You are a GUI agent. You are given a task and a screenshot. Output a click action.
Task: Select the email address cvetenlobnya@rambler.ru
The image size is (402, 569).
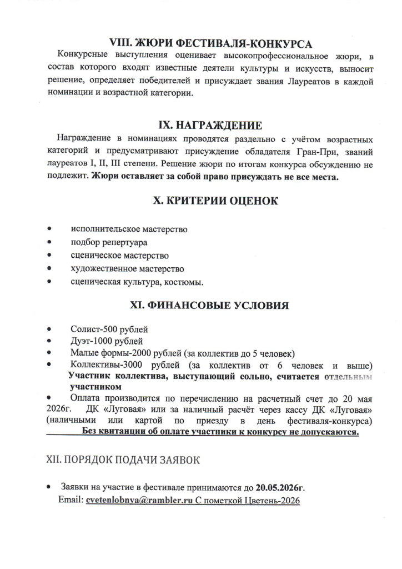[x=139, y=500]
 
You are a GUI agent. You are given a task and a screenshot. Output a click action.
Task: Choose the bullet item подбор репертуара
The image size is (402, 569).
[x=109, y=242]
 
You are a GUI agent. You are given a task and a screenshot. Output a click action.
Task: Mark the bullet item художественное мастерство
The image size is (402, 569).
[x=127, y=269]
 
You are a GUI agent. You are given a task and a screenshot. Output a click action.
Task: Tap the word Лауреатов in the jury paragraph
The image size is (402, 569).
[x=312, y=82]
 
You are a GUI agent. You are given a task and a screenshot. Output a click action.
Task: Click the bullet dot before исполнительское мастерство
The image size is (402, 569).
[x=51, y=228]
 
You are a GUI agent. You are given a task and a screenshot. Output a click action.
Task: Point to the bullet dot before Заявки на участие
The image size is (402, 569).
[x=51, y=487]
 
